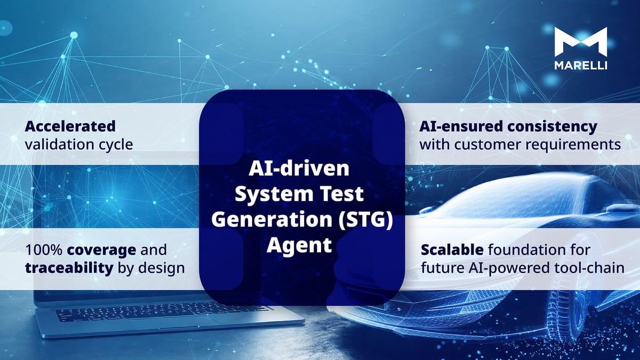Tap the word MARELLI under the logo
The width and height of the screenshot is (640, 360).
click(580, 65)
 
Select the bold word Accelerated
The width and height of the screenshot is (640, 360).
click(70, 126)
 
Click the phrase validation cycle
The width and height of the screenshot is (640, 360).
click(79, 144)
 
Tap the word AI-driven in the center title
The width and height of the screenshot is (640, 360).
click(299, 170)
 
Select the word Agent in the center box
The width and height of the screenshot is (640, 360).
click(299, 245)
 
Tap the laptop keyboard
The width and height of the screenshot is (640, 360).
click(160, 311)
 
